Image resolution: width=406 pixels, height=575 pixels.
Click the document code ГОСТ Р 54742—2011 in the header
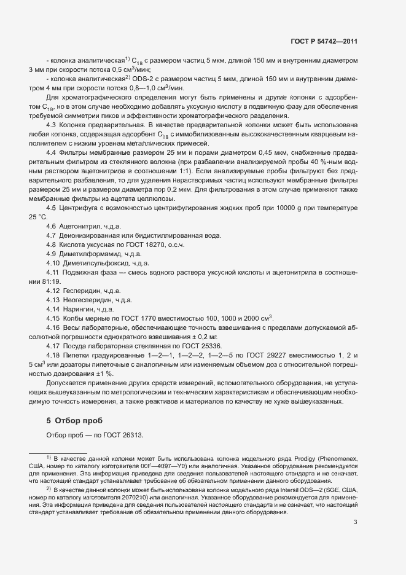(324, 42)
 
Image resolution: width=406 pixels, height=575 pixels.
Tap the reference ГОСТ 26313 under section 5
(123, 436)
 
